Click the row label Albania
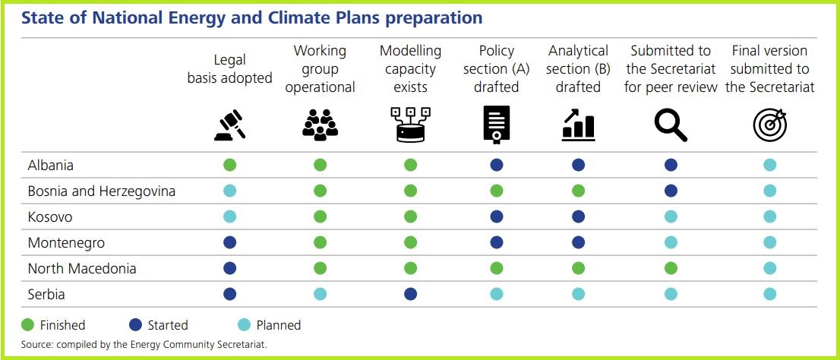(50, 166)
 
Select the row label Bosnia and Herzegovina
(101, 191)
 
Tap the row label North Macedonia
(82, 269)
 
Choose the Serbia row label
(46, 295)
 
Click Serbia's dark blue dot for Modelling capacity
(410, 295)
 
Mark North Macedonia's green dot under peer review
(671, 269)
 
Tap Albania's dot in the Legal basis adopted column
(230, 166)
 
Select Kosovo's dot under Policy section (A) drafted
(497, 217)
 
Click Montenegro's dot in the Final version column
(769, 243)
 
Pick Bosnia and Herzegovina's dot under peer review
(671, 191)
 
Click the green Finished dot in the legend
(29, 325)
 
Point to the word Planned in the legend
(278, 325)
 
